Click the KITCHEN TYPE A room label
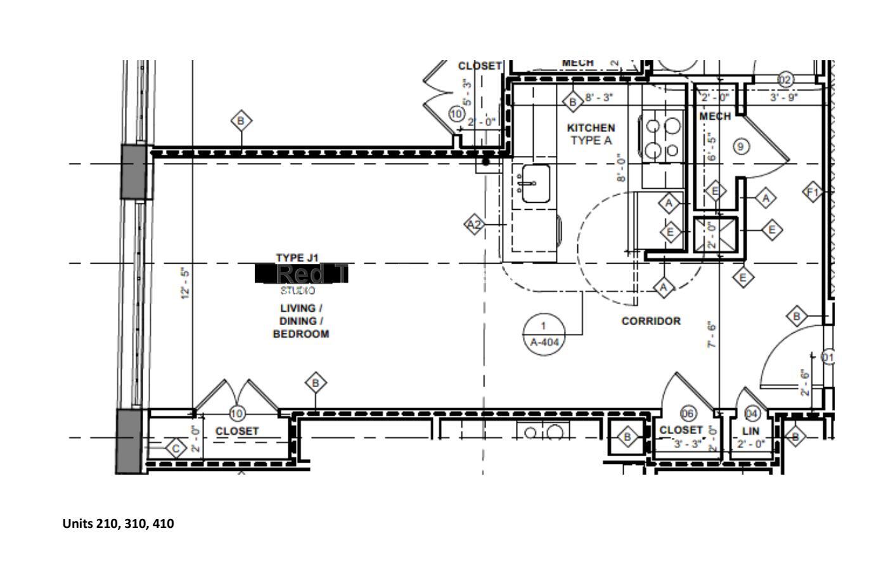(590, 134)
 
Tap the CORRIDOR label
(651, 321)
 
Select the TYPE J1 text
(297, 257)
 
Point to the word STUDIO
(298, 291)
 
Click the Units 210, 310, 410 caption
(118, 524)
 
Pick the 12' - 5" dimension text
(185, 283)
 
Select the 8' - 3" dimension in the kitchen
(599, 98)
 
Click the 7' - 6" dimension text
(712, 335)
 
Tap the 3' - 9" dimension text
(784, 98)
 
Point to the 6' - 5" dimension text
(712, 147)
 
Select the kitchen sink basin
(536, 183)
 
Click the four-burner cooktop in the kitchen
(663, 139)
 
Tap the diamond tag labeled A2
(475, 224)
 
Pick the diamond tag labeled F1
(813, 191)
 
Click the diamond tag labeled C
(176, 449)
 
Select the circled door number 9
(740, 147)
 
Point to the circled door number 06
(688, 414)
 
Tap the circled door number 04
(752, 414)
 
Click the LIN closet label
(750, 431)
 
